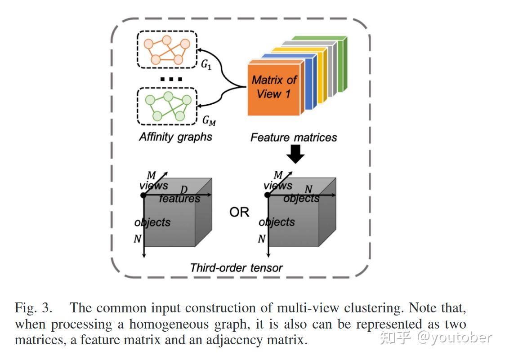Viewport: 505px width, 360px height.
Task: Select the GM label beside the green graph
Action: pyautogui.click(x=208, y=120)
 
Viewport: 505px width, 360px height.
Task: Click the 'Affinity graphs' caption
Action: pyautogui.click(x=175, y=137)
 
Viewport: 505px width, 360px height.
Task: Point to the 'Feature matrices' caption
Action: pyautogui.click(x=293, y=137)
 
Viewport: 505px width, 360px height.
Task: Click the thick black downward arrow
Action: pyautogui.click(x=295, y=155)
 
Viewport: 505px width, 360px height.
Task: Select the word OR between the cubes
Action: pyautogui.click(x=239, y=212)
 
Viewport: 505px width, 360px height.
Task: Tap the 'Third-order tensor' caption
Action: pyautogui.click(x=237, y=268)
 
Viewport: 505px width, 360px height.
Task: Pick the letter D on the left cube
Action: pyautogui.click(x=183, y=190)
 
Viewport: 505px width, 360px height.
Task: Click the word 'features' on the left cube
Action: pyautogui.click(x=179, y=198)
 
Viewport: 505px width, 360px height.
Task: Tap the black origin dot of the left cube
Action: pyautogui.click(x=143, y=195)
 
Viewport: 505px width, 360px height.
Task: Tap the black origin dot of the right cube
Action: pyautogui.click(x=268, y=195)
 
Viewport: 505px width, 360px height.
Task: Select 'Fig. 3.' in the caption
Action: pyautogui.click(x=33, y=308)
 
